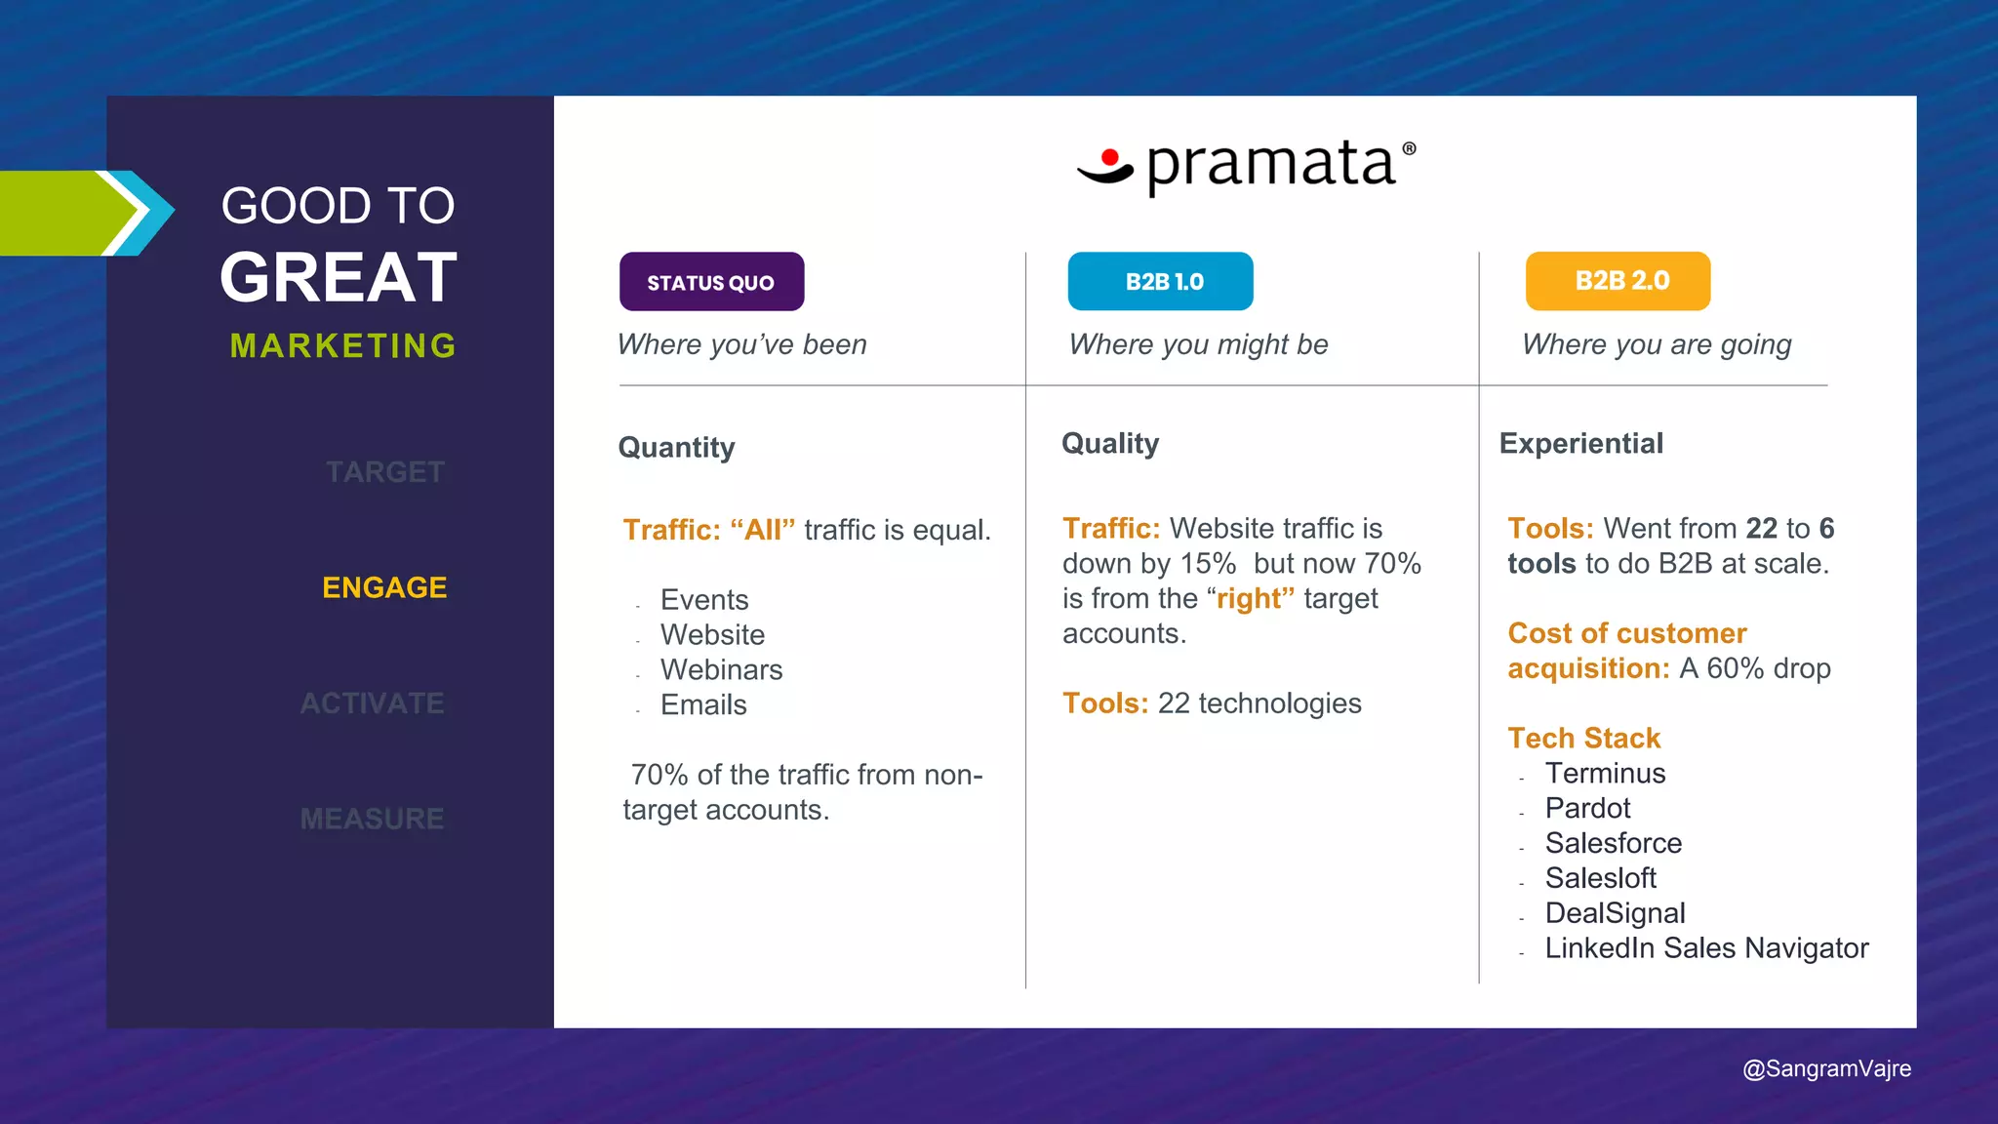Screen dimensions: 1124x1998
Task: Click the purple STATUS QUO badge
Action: pyautogui.click(x=711, y=282)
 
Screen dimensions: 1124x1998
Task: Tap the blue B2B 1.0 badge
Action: pyautogui.click(x=1160, y=282)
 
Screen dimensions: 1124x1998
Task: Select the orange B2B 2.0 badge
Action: pyautogui.click(x=1618, y=281)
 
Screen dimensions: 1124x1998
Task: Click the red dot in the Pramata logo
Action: pyautogui.click(x=1109, y=158)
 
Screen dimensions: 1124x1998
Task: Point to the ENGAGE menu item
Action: pyautogui.click(x=384, y=587)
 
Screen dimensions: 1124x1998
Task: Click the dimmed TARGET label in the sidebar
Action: pyautogui.click(x=385, y=472)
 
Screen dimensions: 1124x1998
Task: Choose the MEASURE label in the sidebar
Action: pyautogui.click(x=372, y=819)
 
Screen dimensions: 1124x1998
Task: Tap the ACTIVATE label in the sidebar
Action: pyautogui.click(x=372, y=703)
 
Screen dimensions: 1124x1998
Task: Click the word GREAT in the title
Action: pyautogui.click(x=339, y=278)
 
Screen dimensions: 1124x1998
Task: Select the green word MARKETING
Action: pyautogui.click(x=342, y=345)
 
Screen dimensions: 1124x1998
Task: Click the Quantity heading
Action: pyautogui.click(x=676, y=448)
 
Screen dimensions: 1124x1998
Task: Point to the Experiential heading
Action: pyautogui.click(x=1580, y=444)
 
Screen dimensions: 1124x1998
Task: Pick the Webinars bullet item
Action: pyautogui.click(x=721, y=670)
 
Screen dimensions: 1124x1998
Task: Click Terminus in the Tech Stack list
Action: pyautogui.click(x=1605, y=774)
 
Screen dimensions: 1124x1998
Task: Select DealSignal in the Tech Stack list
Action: pyautogui.click(x=1615, y=913)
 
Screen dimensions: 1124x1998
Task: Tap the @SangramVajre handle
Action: pyautogui.click(x=1826, y=1068)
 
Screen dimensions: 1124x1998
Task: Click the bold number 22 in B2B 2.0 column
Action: pyautogui.click(x=1761, y=529)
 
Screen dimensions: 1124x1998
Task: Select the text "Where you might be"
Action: pyautogui.click(x=1198, y=344)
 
